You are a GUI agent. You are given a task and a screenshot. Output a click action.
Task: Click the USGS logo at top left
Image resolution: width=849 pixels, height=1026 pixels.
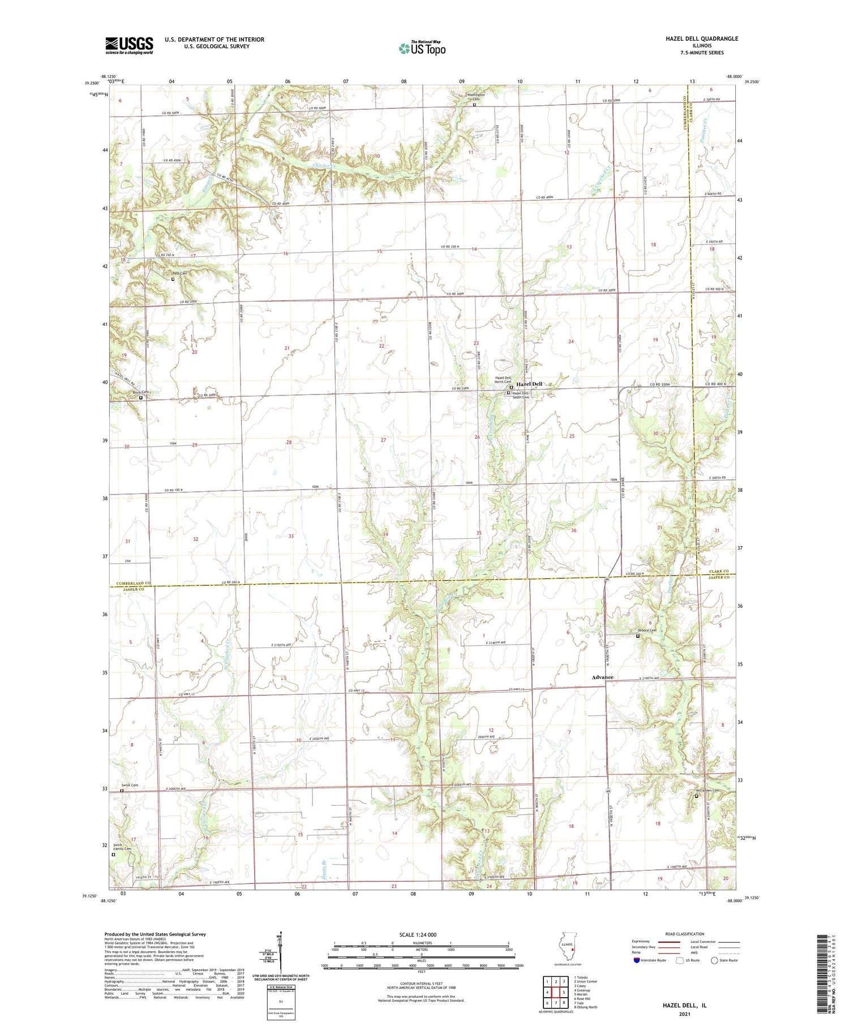[x=129, y=45]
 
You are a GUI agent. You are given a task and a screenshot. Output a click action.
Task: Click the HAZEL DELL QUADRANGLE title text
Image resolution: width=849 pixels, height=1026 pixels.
[x=702, y=38]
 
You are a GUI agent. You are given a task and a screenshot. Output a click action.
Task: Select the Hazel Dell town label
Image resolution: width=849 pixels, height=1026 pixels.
[x=529, y=384]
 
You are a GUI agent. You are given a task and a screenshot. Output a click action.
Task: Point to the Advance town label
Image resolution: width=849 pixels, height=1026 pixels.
[x=602, y=677]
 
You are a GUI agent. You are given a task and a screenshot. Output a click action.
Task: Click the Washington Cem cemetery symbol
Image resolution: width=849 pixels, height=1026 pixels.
[x=474, y=105]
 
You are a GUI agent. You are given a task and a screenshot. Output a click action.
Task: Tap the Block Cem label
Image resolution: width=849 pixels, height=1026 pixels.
[x=140, y=392]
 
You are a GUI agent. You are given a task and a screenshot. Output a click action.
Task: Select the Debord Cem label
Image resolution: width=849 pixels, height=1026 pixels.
[x=647, y=630]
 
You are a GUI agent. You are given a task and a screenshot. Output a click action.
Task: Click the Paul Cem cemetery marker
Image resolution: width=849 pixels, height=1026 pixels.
[x=173, y=279]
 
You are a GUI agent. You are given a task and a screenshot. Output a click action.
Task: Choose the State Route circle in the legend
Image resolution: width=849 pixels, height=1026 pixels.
[x=714, y=960]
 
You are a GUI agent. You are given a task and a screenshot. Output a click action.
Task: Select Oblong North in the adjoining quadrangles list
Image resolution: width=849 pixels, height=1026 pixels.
[x=586, y=1007]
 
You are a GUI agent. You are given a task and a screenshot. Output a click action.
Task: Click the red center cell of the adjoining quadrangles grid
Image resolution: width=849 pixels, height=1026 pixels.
[x=556, y=992]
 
